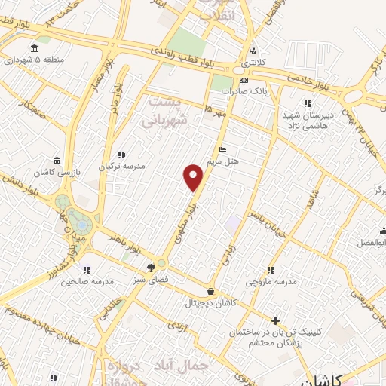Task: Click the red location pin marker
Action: pyautogui.click(x=194, y=176)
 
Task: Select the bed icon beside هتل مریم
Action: pyautogui.click(x=221, y=149)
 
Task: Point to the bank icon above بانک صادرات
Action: pyautogui.click(x=244, y=79)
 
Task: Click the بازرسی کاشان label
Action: pyautogui.click(x=57, y=173)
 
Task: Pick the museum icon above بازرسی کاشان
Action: pyautogui.click(x=58, y=161)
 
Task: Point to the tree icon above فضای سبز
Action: pyautogui.click(x=152, y=267)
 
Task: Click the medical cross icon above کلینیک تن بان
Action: pyautogui.click(x=275, y=320)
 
